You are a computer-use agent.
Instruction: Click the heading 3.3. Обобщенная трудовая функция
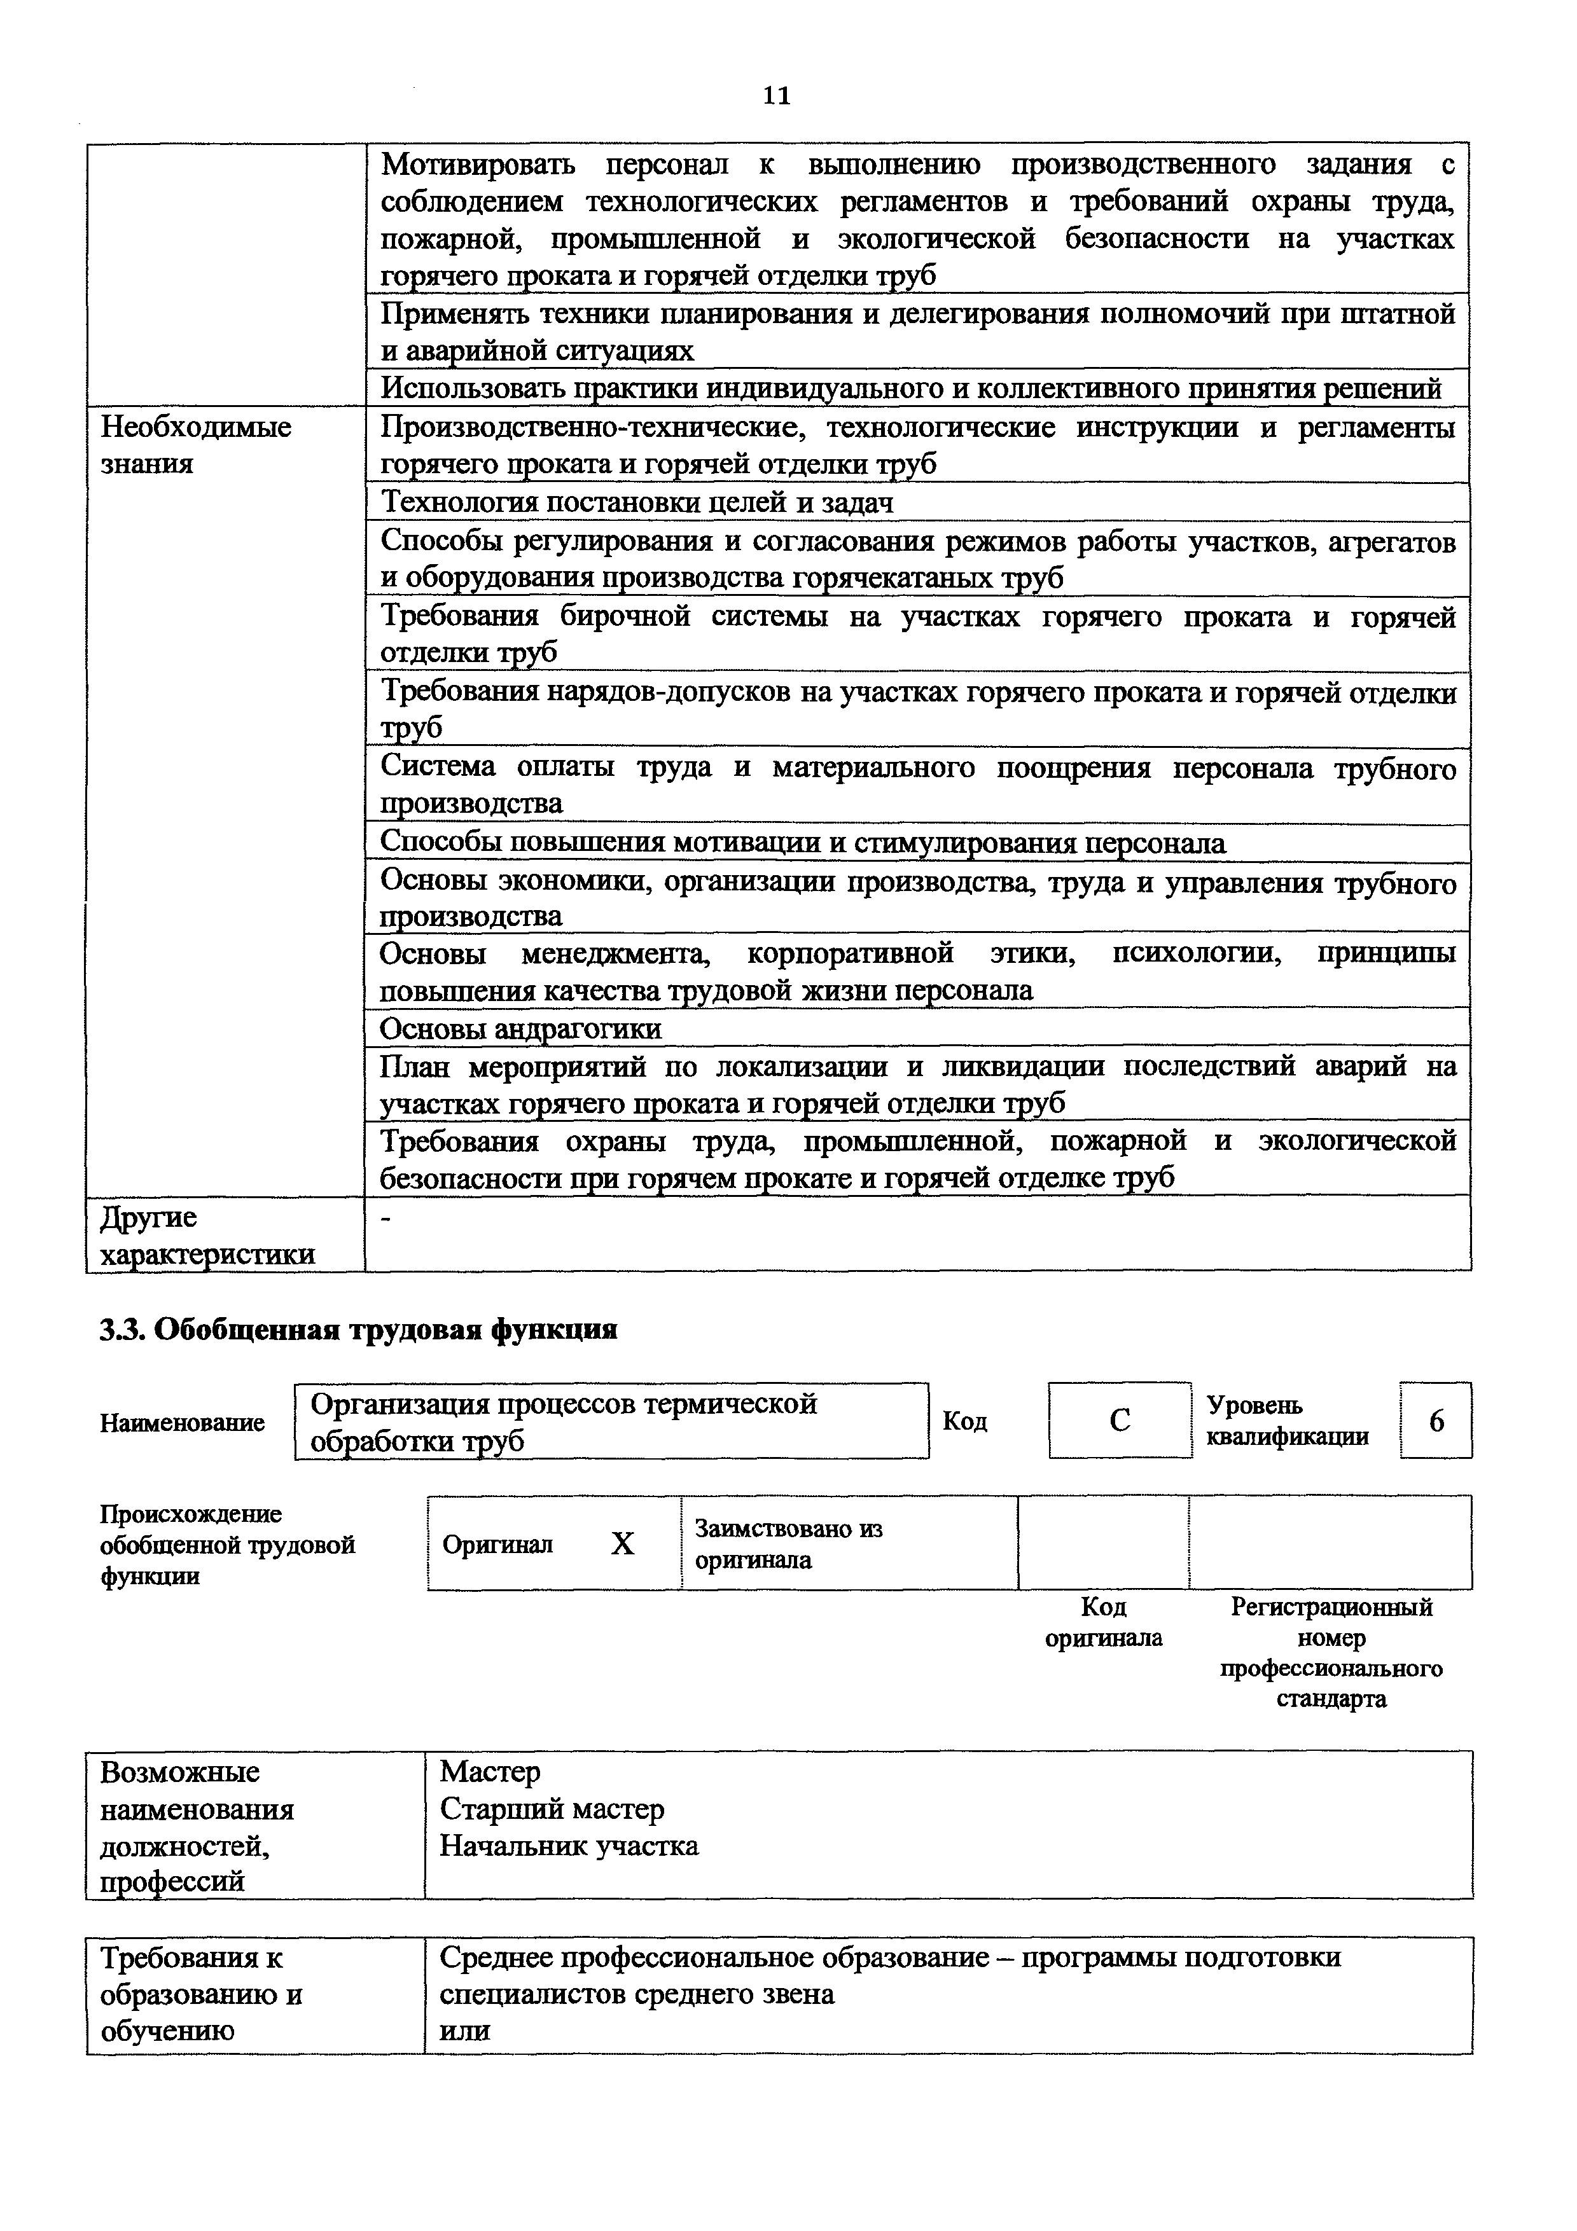[x=359, y=1329]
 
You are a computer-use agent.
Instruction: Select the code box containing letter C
[x=1120, y=1421]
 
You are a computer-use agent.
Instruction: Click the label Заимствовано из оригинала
[x=788, y=1544]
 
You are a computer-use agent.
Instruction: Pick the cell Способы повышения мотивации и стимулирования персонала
[x=803, y=843]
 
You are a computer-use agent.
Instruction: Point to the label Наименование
[x=182, y=1423]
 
